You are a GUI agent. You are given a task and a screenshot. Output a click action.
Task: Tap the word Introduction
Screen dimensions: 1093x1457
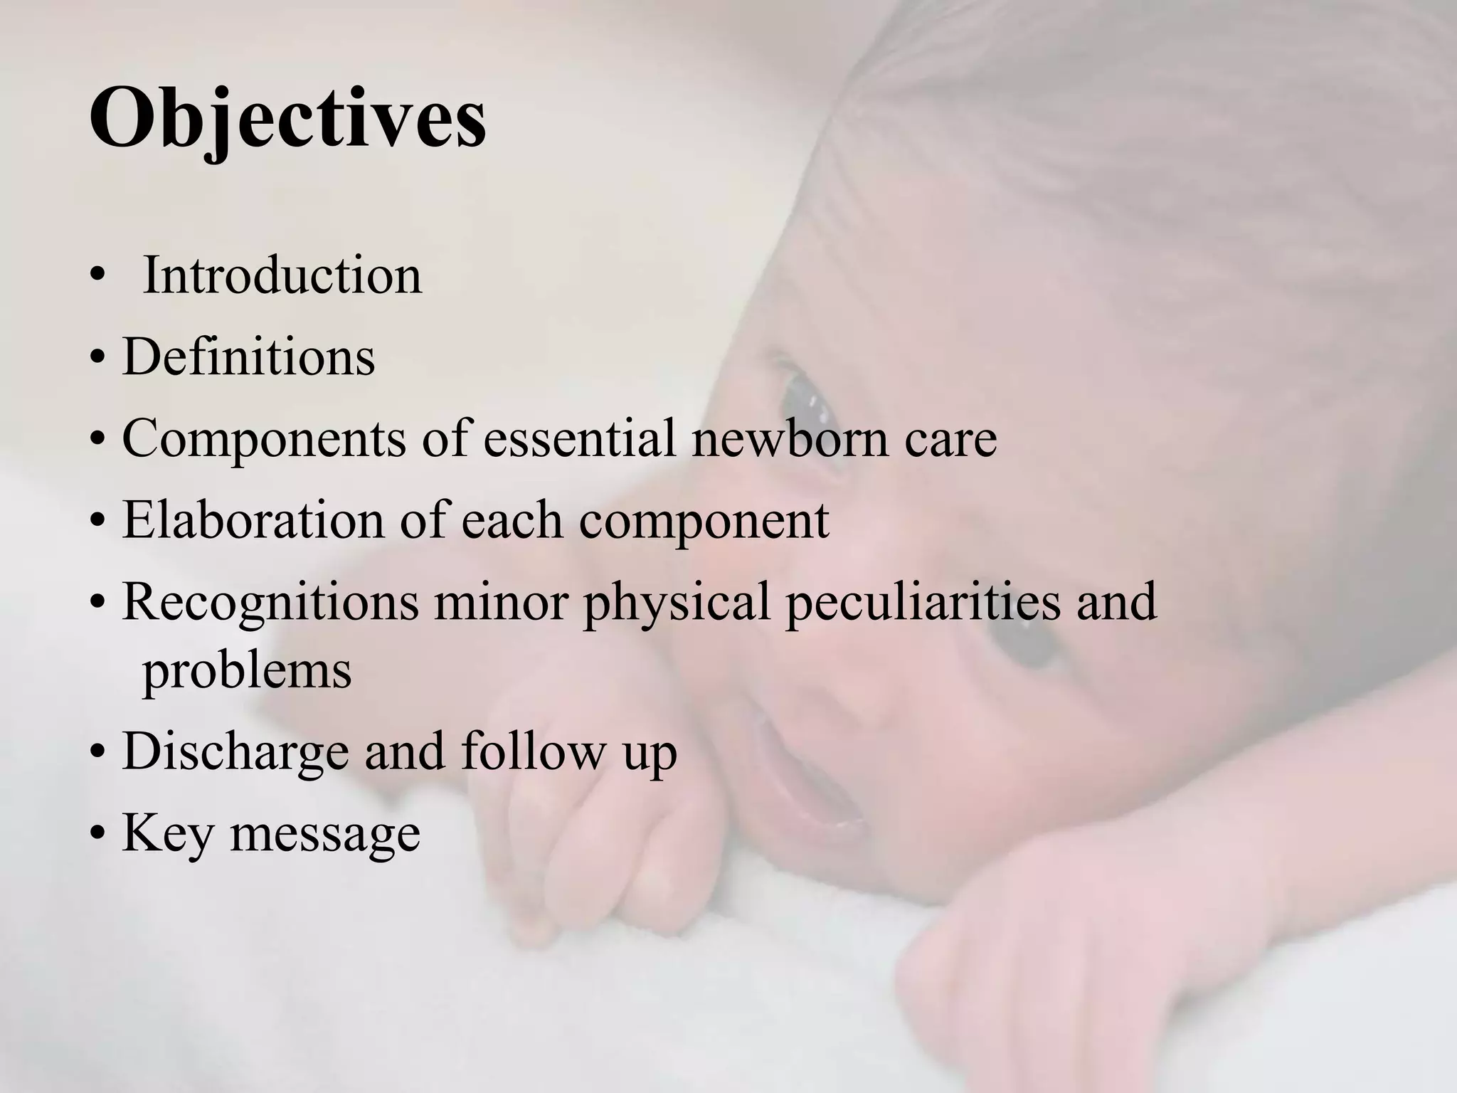click(x=282, y=275)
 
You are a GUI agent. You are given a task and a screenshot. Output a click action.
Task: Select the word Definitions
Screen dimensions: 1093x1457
click(x=248, y=357)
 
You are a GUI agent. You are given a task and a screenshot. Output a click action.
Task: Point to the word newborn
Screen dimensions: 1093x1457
click(x=790, y=438)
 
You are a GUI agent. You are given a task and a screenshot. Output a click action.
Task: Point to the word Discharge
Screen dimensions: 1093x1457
click(x=235, y=752)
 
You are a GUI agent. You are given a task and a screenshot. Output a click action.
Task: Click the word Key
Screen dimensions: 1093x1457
click(x=168, y=834)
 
